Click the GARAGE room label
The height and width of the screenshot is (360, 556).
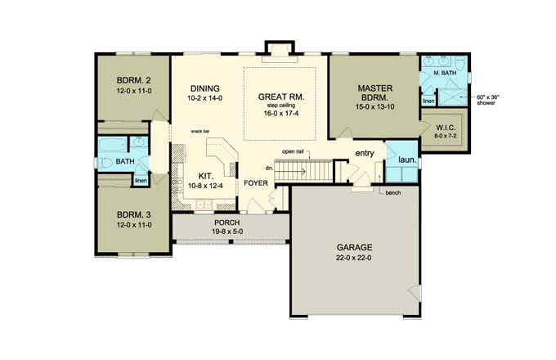(x=354, y=247)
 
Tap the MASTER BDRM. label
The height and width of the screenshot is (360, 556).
(x=374, y=92)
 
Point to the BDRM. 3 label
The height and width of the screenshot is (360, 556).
(x=133, y=214)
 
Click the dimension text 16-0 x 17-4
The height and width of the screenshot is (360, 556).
(x=281, y=113)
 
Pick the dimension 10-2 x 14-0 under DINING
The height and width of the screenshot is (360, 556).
(x=205, y=98)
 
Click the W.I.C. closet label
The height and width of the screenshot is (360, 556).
(x=446, y=128)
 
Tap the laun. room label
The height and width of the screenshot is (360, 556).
(x=407, y=160)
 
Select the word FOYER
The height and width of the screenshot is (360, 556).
(x=256, y=183)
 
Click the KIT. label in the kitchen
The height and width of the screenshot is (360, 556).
(x=205, y=176)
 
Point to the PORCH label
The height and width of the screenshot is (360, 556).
(x=227, y=223)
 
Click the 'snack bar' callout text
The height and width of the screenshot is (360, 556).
(x=200, y=131)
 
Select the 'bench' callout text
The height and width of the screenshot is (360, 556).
(x=393, y=192)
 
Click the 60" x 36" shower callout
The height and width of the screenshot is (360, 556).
(x=486, y=100)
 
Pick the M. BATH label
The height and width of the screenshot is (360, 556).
(x=445, y=73)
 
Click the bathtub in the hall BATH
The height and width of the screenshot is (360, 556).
(x=112, y=145)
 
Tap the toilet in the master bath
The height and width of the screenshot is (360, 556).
(x=460, y=63)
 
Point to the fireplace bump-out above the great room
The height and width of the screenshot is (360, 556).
(x=280, y=48)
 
